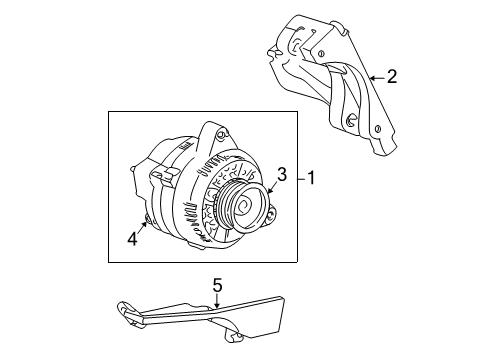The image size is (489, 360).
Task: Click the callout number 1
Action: (312, 180)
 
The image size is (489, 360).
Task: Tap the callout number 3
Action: (283, 174)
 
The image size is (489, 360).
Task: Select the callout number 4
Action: (130, 237)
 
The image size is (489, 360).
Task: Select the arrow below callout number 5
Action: (216, 301)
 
